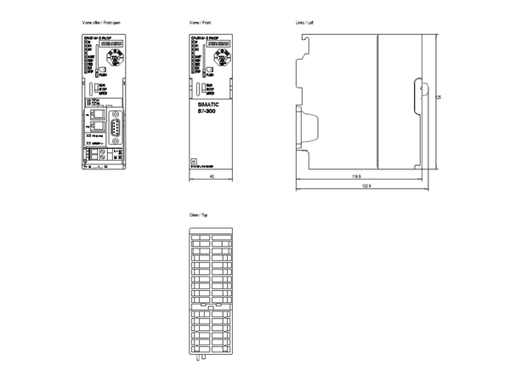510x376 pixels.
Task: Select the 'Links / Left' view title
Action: pos(304,18)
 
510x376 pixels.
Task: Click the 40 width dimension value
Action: pos(210,175)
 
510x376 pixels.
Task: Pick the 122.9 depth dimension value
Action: pos(365,185)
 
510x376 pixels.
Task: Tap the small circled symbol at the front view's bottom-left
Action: pos(194,159)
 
